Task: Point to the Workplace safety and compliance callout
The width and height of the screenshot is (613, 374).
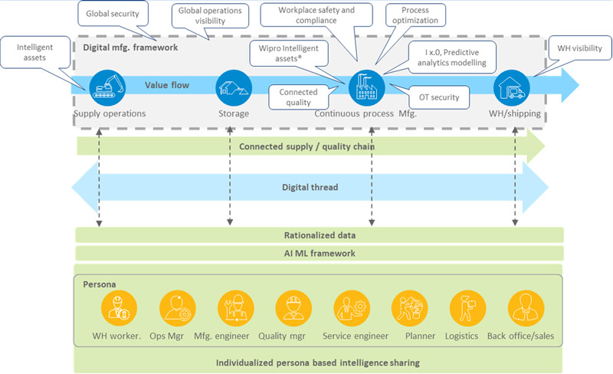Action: tap(316, 15)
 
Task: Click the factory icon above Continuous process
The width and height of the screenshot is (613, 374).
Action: tap(366, 87)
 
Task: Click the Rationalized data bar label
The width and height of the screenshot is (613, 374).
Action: tap(319, 235)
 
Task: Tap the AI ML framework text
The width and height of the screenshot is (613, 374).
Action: tap(319, 253)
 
